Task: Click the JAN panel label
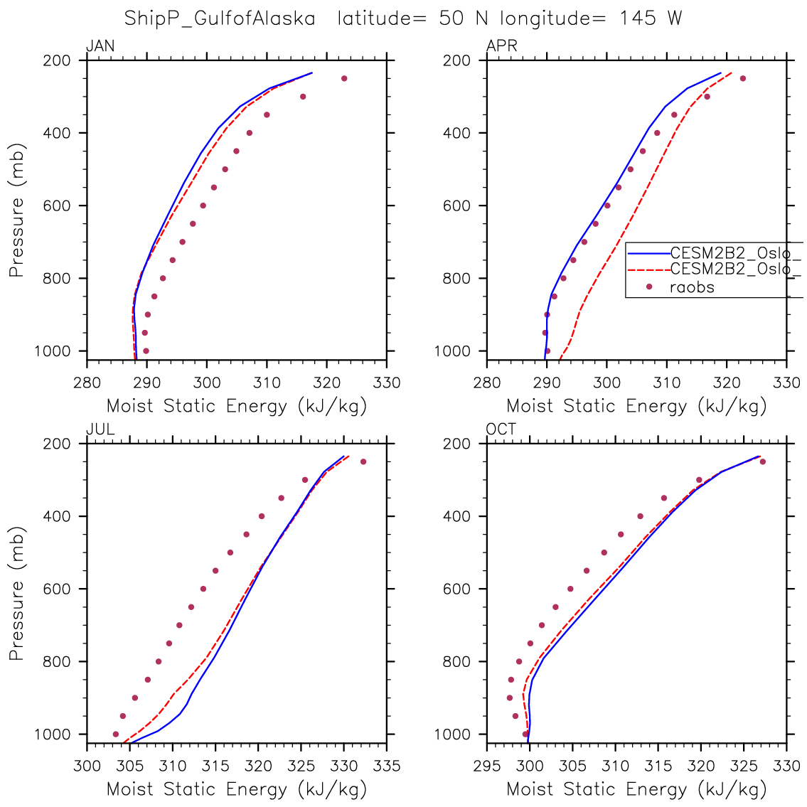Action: (x=100, y=47)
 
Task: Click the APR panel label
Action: (x=501, y=47)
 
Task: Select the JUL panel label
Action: (x=100, y=429)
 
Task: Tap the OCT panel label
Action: (x=501, y=429)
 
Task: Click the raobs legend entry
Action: (x=692, y=287)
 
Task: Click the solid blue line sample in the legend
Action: (x=648, y=252)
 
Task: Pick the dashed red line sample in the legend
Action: (x=648, y=269)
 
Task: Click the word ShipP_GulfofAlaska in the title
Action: (x=220, y=18)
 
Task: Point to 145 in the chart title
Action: (x=638, y=18)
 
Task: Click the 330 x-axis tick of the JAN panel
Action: (x=386, y=383)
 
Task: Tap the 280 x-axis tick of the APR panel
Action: (x=487, y=383)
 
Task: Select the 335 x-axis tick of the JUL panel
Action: (x=386, y=766)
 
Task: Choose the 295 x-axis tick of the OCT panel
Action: (x=487, y=766)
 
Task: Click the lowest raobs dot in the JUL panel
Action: (x=116, y=734)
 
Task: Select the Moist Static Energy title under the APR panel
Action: (x=636, y=407)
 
